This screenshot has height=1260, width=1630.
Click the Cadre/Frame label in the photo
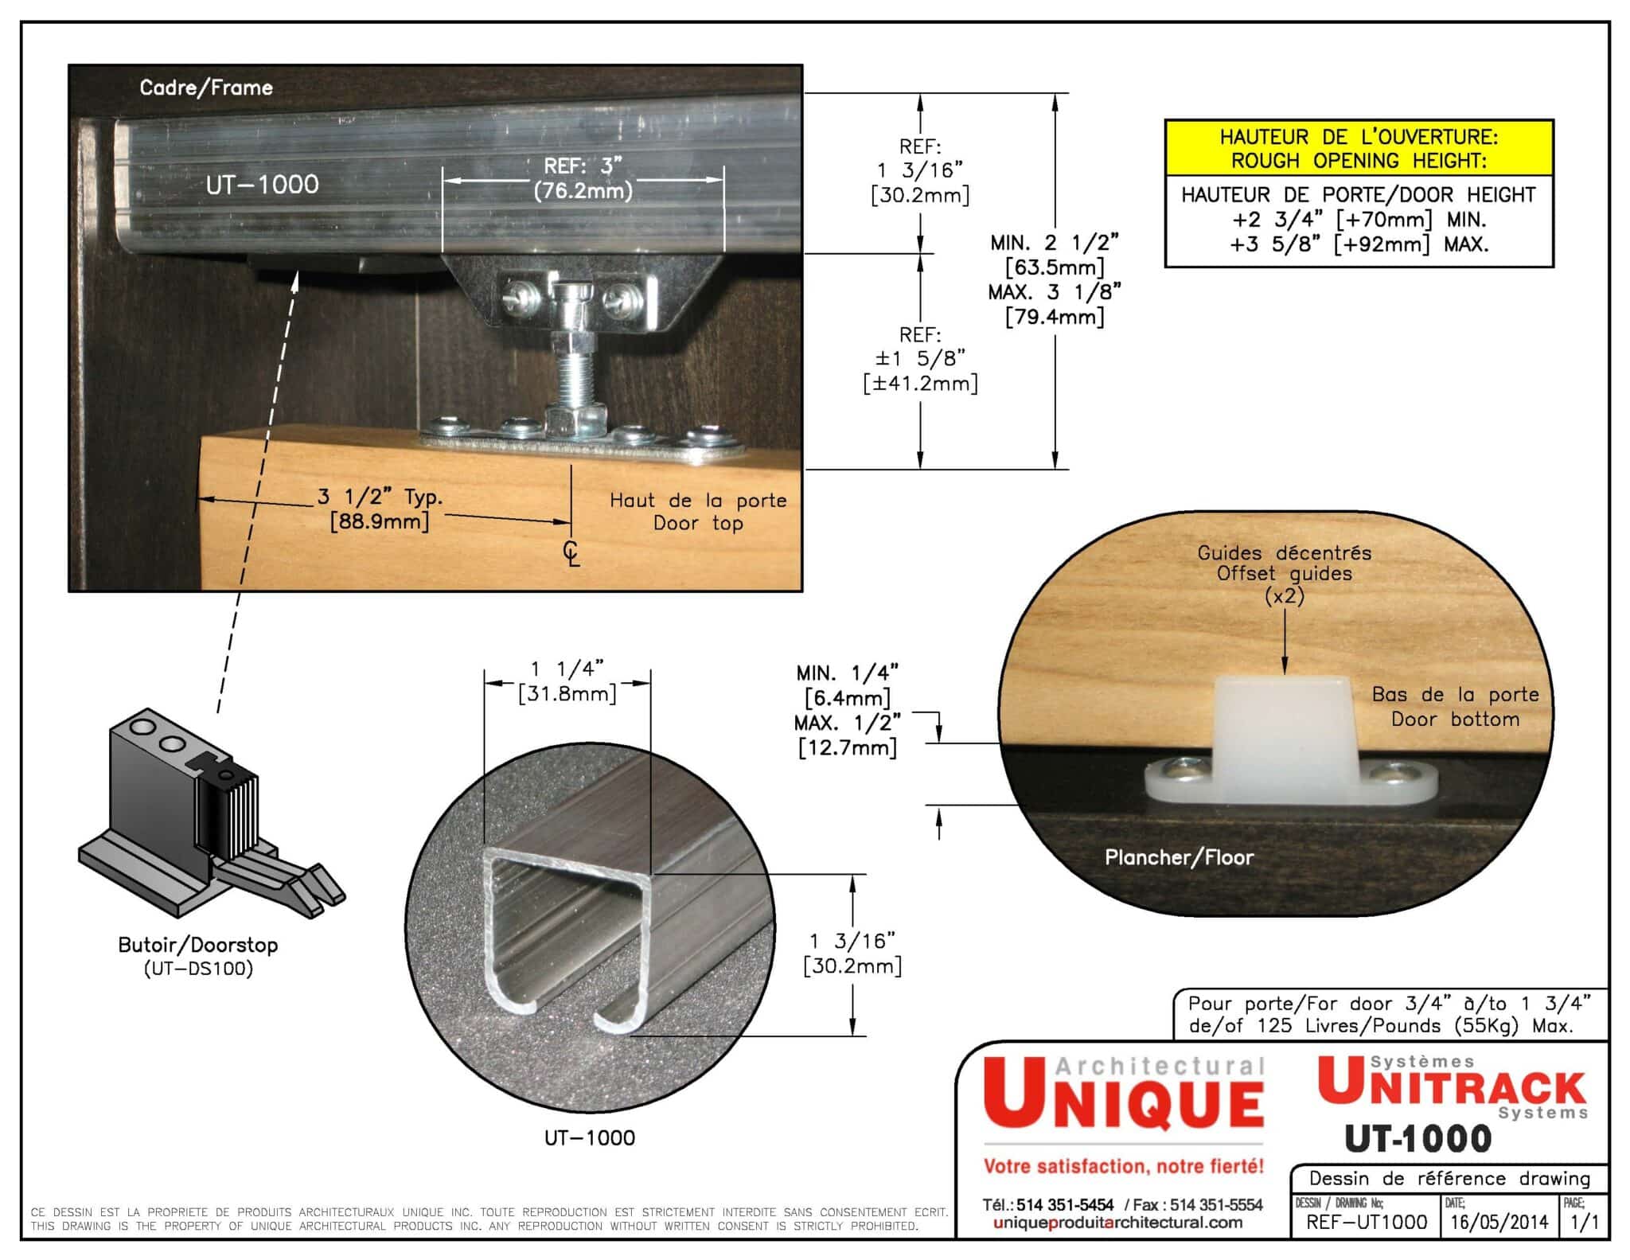[x=206, y=88]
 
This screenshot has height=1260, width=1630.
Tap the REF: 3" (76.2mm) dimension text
[x=583, y=178]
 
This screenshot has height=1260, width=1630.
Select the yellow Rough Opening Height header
[x=1359, y=149]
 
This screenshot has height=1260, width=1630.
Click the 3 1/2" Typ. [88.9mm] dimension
[x=380, y=509]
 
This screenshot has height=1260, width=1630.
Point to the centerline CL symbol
[x=571, y=553]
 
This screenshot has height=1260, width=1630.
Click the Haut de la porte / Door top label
[x=698, y=512]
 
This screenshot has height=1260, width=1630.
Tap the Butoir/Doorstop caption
[x=198, y=946]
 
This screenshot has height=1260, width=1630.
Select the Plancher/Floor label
[x=1179, y=858]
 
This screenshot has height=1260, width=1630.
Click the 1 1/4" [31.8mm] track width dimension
[x=567, y=681]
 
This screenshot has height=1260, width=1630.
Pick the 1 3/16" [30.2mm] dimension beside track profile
[x=852, y=954]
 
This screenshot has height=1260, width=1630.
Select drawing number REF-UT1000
[x=1366, y=1222]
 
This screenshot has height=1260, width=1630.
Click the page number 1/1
[x=1585, y=1222]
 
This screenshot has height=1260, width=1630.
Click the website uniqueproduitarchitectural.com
[x=1117, y=1223]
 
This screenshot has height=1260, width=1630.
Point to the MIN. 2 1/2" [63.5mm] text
[x=1055, y=255]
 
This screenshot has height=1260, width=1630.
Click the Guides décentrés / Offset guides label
[x=1284, y=563]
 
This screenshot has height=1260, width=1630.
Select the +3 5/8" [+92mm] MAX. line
[x=1359, y=244]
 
